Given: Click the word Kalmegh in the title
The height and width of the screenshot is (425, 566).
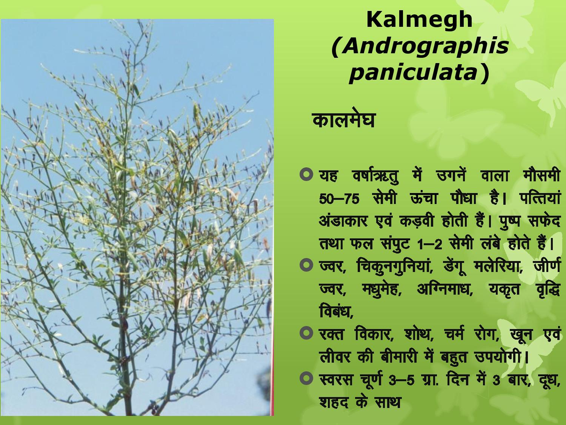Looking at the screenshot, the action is pyautogui.click(x=419, y=20).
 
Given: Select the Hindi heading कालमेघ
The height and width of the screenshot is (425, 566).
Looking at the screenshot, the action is pyautogui.click(x=343, y=120).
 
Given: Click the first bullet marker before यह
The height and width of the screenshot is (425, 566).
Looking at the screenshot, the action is pyautogui.click(x=306, y=174).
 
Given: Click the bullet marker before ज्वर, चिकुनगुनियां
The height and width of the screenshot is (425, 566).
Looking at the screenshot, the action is pyautogui.click(x=306, y=265).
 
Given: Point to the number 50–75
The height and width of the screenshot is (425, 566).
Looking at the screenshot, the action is pyautogui.click(x=339, y=199).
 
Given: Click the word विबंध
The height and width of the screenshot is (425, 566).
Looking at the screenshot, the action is pyautogui.click(x=336, y=312).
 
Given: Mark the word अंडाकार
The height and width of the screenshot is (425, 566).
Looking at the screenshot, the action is pyautogui.click(x=343, y=221).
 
